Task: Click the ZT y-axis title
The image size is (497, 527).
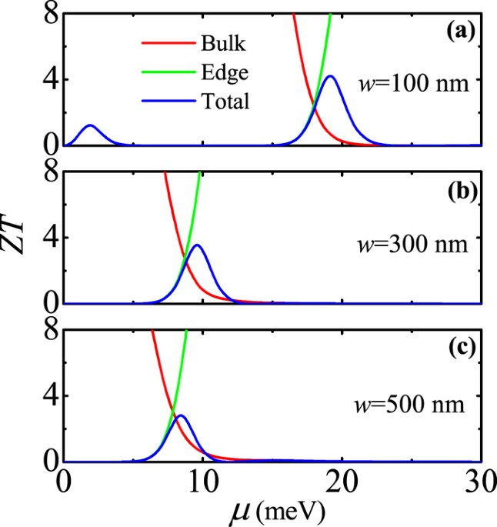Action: click(x=23, y=263)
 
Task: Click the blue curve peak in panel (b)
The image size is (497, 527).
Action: click(x=198, y=245)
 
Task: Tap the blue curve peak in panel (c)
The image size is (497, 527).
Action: click(x=181, y=415)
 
